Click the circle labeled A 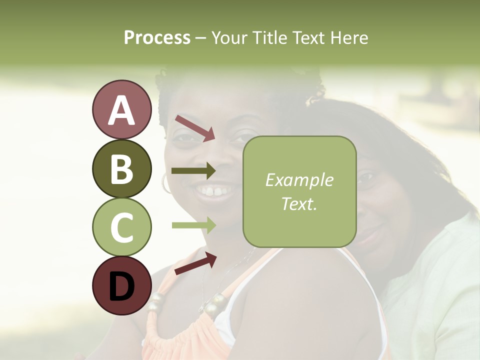coord(121,110)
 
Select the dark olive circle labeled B coord(121,169)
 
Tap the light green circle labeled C coord(121,227)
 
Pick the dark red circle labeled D coord(121,285)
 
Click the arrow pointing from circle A coord(194,128)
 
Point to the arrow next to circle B coord(193,171)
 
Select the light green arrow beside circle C coord(193,225)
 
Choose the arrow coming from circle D coord(195,263)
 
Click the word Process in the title coord(157,38)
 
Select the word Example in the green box coord(299,180)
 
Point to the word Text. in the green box coord(299,203)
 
